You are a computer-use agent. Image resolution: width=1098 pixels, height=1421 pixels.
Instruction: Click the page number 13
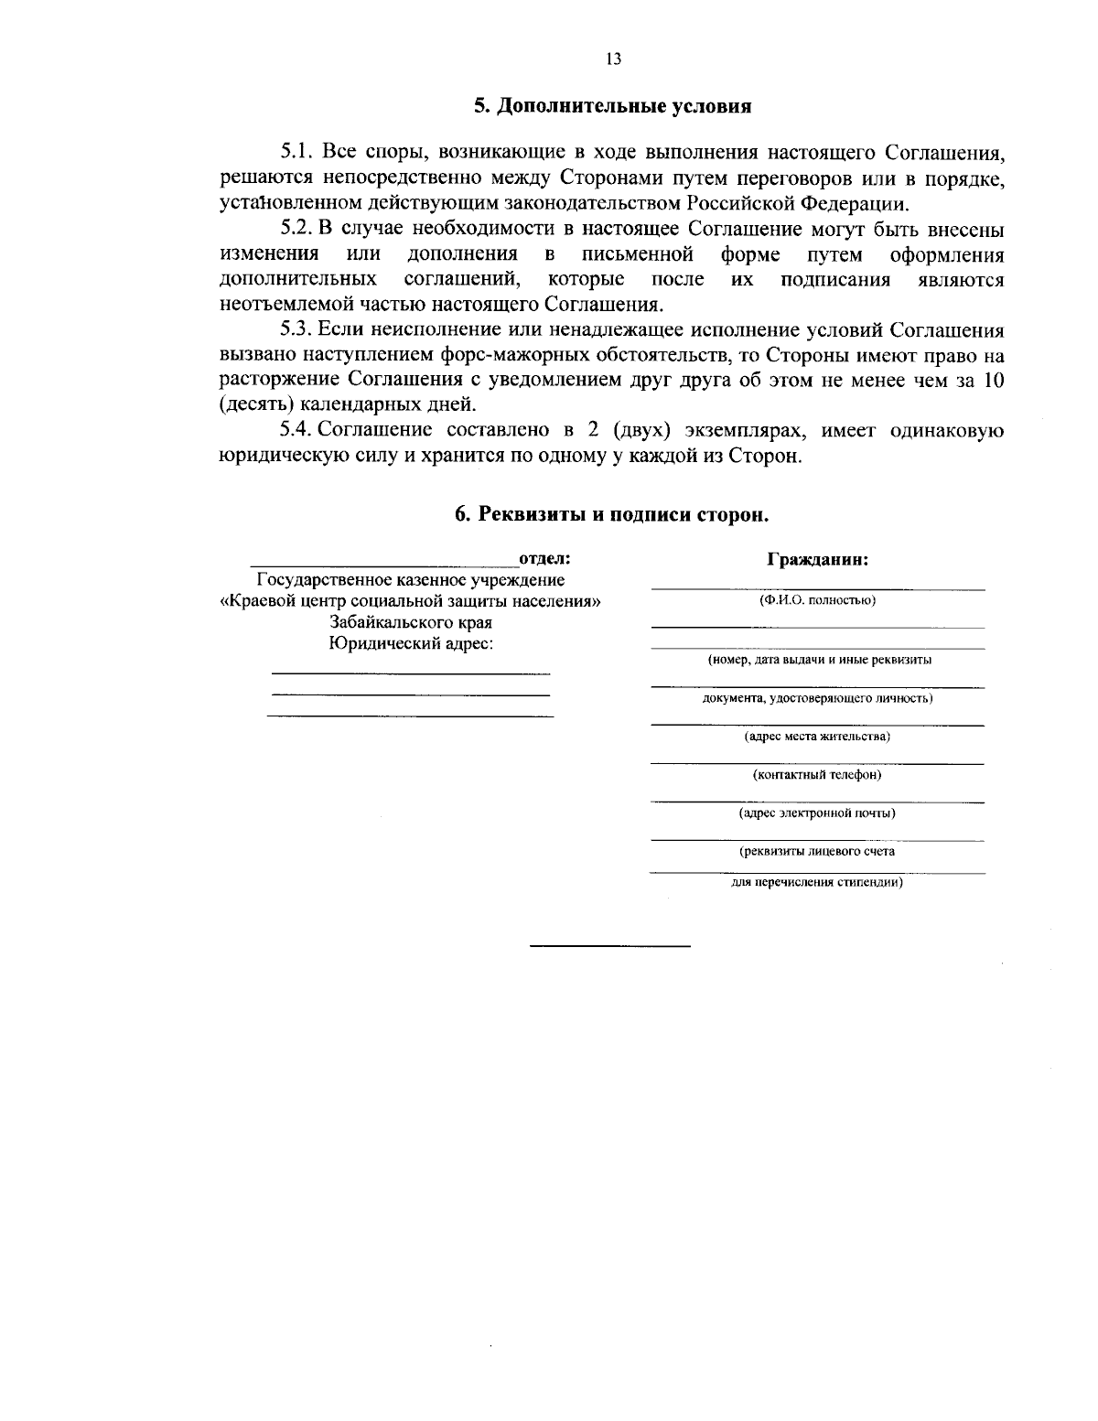point(613,59)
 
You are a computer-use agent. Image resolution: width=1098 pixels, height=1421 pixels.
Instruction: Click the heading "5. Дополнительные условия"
point(612,106)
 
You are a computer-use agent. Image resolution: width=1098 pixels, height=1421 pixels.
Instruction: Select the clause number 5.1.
point(297,152)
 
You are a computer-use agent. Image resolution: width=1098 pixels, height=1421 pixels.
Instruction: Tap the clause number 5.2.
point(297,229)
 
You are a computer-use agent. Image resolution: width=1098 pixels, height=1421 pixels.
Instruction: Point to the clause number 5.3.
point(297,330)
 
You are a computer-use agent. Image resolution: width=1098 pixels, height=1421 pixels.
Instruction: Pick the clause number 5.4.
point(297,431)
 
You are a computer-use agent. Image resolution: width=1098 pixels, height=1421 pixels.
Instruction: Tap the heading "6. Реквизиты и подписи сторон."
point(612,515)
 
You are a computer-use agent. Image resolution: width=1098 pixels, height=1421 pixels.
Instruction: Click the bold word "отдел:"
point(544,559)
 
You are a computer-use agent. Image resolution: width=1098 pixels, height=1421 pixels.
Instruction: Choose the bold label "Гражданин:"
point(817,560)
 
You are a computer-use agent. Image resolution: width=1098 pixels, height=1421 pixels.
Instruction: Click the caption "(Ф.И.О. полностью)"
point(817,601)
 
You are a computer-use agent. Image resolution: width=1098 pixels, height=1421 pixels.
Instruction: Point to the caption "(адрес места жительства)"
point(817,736)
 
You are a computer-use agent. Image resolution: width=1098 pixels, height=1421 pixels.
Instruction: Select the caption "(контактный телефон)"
point(817,775)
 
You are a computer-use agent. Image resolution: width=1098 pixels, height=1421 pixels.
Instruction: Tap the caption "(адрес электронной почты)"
point(817,813)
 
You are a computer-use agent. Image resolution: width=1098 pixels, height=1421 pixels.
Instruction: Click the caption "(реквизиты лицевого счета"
point(817,851)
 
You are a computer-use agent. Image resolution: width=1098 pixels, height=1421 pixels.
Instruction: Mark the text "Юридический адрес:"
point(411,643)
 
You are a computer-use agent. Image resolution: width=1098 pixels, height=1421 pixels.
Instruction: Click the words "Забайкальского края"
point(411,622)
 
